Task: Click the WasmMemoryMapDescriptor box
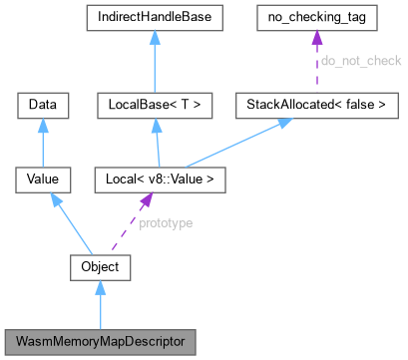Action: click(x=100, y=341)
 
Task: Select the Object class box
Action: click(x=100, y=266)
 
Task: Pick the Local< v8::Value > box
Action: click(x=159, y=180)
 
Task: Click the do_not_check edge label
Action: click(x=359, y=61)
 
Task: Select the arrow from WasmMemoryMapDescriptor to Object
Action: click(x=100, y=304)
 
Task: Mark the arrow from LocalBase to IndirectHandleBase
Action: click(x=159, y=61)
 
